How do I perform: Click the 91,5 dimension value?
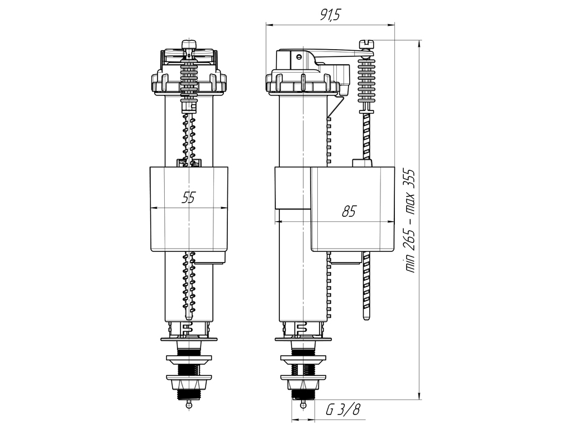pyautogui.click(x=330, y=15)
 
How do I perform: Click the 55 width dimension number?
pyautogui.click(x=189, y=197)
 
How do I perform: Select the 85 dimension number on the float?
pyautogui.click(x=349, y=211)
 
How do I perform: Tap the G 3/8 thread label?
pyautogui.click(x=343, y=411)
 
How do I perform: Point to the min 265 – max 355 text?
pyautogui.click(x=411, y=221)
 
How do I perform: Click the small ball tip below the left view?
pyautogui.click(x=189, y=404)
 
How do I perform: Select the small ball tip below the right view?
pyautogui.click(x=303, y=404)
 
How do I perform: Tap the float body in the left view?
pyautogui.click(x=189, y=209)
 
